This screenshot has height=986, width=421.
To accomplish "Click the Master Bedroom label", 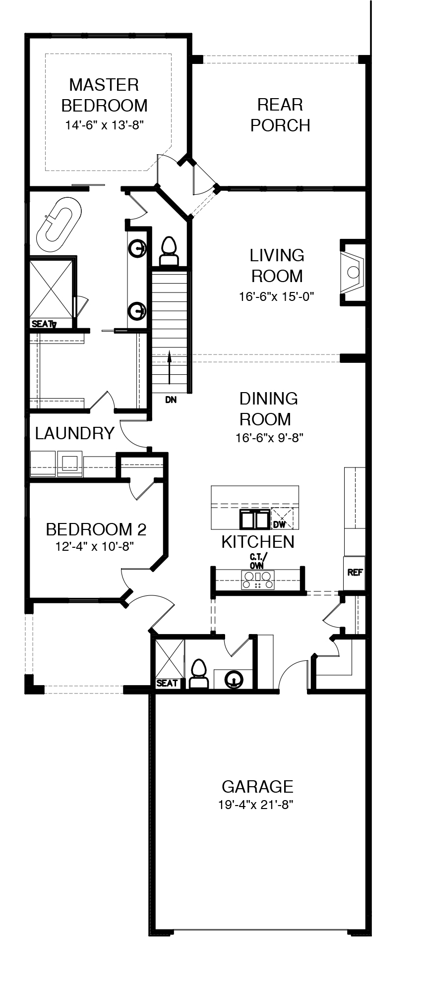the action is click(104, 95).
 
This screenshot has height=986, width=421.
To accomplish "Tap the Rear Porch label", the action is click(280, 115).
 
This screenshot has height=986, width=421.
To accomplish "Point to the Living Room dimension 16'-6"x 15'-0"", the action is click(277, 296).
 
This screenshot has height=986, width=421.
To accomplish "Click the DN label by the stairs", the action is click(171, 400).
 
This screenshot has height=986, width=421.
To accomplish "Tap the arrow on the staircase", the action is click(169, 368).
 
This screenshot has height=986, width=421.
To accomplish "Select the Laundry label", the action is click(75, 433).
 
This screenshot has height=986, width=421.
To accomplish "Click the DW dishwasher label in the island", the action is click(279, 523).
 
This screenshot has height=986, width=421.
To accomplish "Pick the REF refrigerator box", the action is click(355, 573).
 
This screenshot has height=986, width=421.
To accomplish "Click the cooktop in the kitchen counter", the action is click(258, 580).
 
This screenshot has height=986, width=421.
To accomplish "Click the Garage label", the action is click(257, 787).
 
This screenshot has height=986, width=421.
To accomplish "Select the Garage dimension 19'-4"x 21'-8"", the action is click(256, 805).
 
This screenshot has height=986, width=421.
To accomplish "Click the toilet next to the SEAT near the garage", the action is click(198, 674).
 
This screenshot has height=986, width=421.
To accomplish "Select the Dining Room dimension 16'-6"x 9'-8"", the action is click(269, 438).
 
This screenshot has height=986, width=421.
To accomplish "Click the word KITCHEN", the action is click(258, 542).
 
